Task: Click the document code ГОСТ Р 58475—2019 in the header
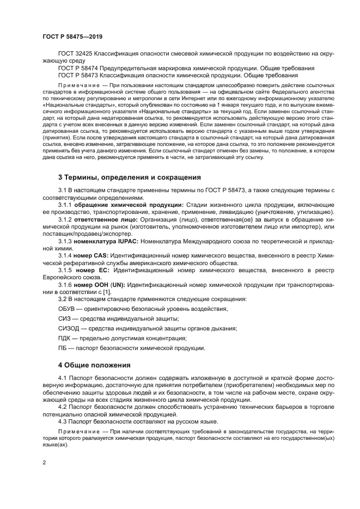72,36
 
